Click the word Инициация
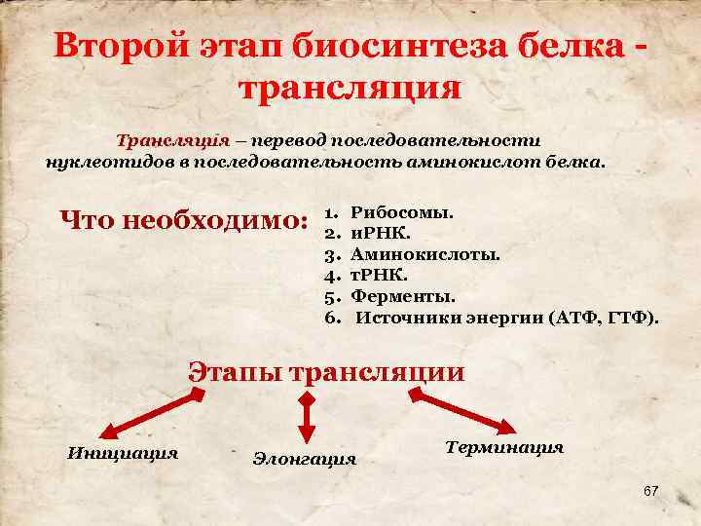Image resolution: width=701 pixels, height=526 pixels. pyautogui.click(x=122, y=452)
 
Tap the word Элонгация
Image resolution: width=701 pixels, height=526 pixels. pyautogui.click(x=304, y=458)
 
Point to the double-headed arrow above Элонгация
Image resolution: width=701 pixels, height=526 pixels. pyautogui.click(x=307, y=420)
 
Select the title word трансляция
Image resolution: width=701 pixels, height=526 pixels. pyautogui.click(x=349, y=89)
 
